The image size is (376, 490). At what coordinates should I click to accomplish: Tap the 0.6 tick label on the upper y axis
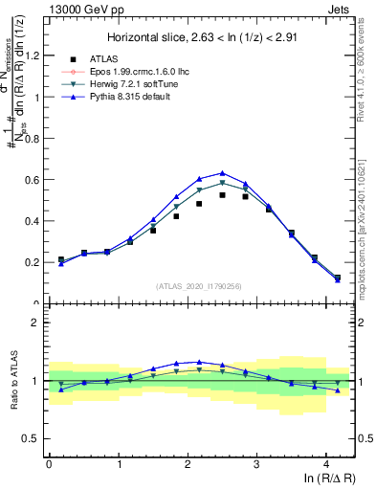pyautogui.click(x=33, y=180)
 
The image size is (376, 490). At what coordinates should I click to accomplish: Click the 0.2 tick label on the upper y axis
pyautogui.click(x=33, y=262)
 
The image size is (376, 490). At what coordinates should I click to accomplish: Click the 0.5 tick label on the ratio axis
pyautogui.click(x=33, y=438)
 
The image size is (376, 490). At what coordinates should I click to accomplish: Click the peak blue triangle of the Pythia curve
pyautogui.click(x=223, y=173)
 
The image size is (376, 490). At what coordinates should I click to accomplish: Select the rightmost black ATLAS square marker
pyautogui.click(x=338, y=278)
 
